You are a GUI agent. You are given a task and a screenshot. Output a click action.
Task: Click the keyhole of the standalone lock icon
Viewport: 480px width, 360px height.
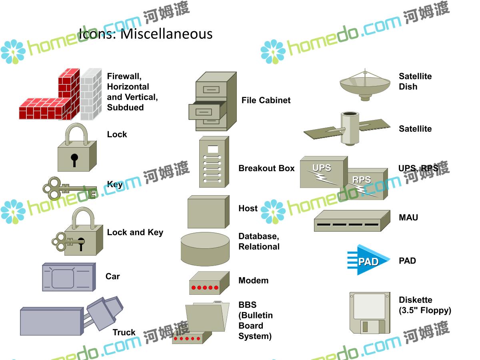coord(74,158)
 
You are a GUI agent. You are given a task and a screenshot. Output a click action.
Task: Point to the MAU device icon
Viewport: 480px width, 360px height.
coord(352,221)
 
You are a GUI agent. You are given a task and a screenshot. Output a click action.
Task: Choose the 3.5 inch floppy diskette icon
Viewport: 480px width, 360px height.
coord(369,312)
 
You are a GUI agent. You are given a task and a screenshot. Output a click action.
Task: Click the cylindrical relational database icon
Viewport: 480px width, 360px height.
coord(205,249)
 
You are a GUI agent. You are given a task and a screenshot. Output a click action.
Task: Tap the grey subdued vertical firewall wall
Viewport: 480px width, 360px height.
coord(90,94)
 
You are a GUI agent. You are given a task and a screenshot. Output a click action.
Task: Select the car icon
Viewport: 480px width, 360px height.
coord(68,277)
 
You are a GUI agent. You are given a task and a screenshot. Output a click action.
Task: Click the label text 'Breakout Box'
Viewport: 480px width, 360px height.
coord(266,168)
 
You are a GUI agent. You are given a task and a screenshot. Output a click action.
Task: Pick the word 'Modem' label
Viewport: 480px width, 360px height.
coord(253,280)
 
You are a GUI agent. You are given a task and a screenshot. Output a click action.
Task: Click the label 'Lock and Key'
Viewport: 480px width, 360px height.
coord(135,232)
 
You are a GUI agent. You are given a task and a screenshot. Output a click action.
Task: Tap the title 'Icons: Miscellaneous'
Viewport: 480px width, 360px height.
coord(146,34)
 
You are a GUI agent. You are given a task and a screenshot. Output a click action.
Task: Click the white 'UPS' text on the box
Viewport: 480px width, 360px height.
coord(322,168)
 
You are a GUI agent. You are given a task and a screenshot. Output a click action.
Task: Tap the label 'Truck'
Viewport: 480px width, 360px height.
coord(124,332)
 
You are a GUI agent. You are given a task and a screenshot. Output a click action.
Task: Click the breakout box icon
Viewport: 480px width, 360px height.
coord(214,162)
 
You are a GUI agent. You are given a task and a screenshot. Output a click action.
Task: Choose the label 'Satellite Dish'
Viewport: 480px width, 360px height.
coord(415,81)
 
